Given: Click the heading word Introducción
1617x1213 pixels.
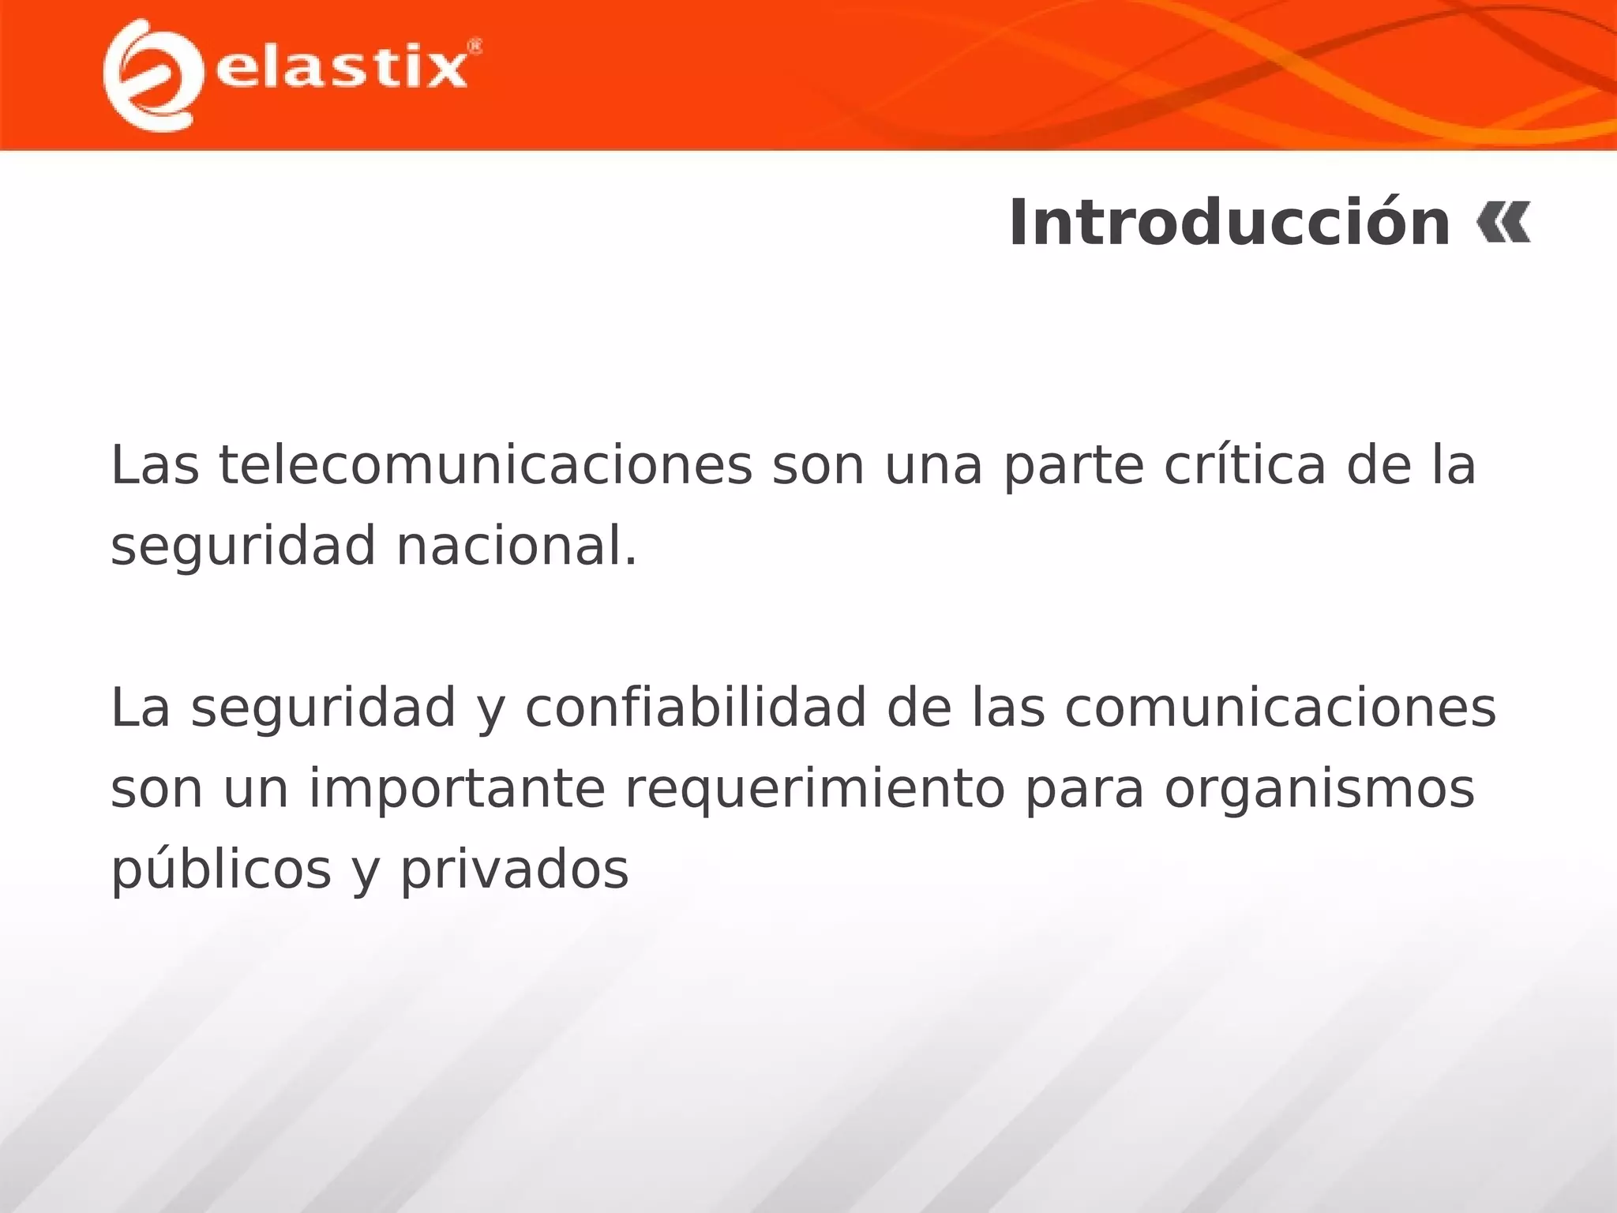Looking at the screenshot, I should [1229, 223].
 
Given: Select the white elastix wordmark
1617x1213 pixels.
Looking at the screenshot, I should [341, 69].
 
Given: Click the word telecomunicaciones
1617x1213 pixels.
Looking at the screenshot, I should [486, 465].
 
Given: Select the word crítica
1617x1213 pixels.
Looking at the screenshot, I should [1245, 465].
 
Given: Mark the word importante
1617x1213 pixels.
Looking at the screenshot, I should [456, 789].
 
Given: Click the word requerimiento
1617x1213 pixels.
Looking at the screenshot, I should [815, 789].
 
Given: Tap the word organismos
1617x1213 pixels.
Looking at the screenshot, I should [1319, 789].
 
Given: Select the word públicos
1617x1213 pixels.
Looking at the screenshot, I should [221, 870].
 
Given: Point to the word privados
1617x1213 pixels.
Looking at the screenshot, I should [514, 870].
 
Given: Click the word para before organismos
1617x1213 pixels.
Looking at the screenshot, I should [1084, 791].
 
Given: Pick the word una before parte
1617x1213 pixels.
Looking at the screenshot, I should [933, 467].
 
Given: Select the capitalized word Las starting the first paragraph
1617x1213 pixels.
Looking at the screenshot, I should [156, 465].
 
